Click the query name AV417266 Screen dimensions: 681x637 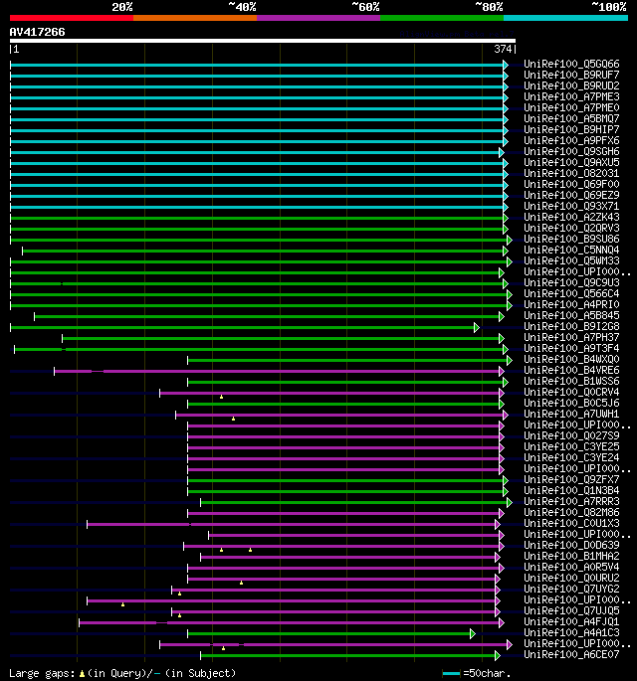(37, 32)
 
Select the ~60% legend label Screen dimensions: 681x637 (365, 7)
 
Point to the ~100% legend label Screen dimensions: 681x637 (609, 7)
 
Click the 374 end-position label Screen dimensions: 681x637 (503, 49)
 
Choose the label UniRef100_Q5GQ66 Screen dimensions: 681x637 (571, 65)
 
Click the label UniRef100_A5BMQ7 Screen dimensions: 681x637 (571, 119)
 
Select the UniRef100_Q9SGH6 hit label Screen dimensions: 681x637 (571, 152)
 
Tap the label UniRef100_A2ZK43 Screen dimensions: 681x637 (571, 218)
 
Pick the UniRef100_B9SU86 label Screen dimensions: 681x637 (571, 240)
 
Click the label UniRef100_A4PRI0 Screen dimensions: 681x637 (571, 305)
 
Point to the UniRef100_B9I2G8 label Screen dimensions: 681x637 (571, 327)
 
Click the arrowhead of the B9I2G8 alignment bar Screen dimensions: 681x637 (477, 327)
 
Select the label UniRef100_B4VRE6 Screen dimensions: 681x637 (571, 371)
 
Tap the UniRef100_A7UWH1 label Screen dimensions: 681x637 (571, 415)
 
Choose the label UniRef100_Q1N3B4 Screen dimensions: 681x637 (571, 491)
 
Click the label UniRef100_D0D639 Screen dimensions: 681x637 (571, 546)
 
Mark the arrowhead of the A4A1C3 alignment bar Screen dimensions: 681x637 (473, 633)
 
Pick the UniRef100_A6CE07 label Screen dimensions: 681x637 (571, 655)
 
